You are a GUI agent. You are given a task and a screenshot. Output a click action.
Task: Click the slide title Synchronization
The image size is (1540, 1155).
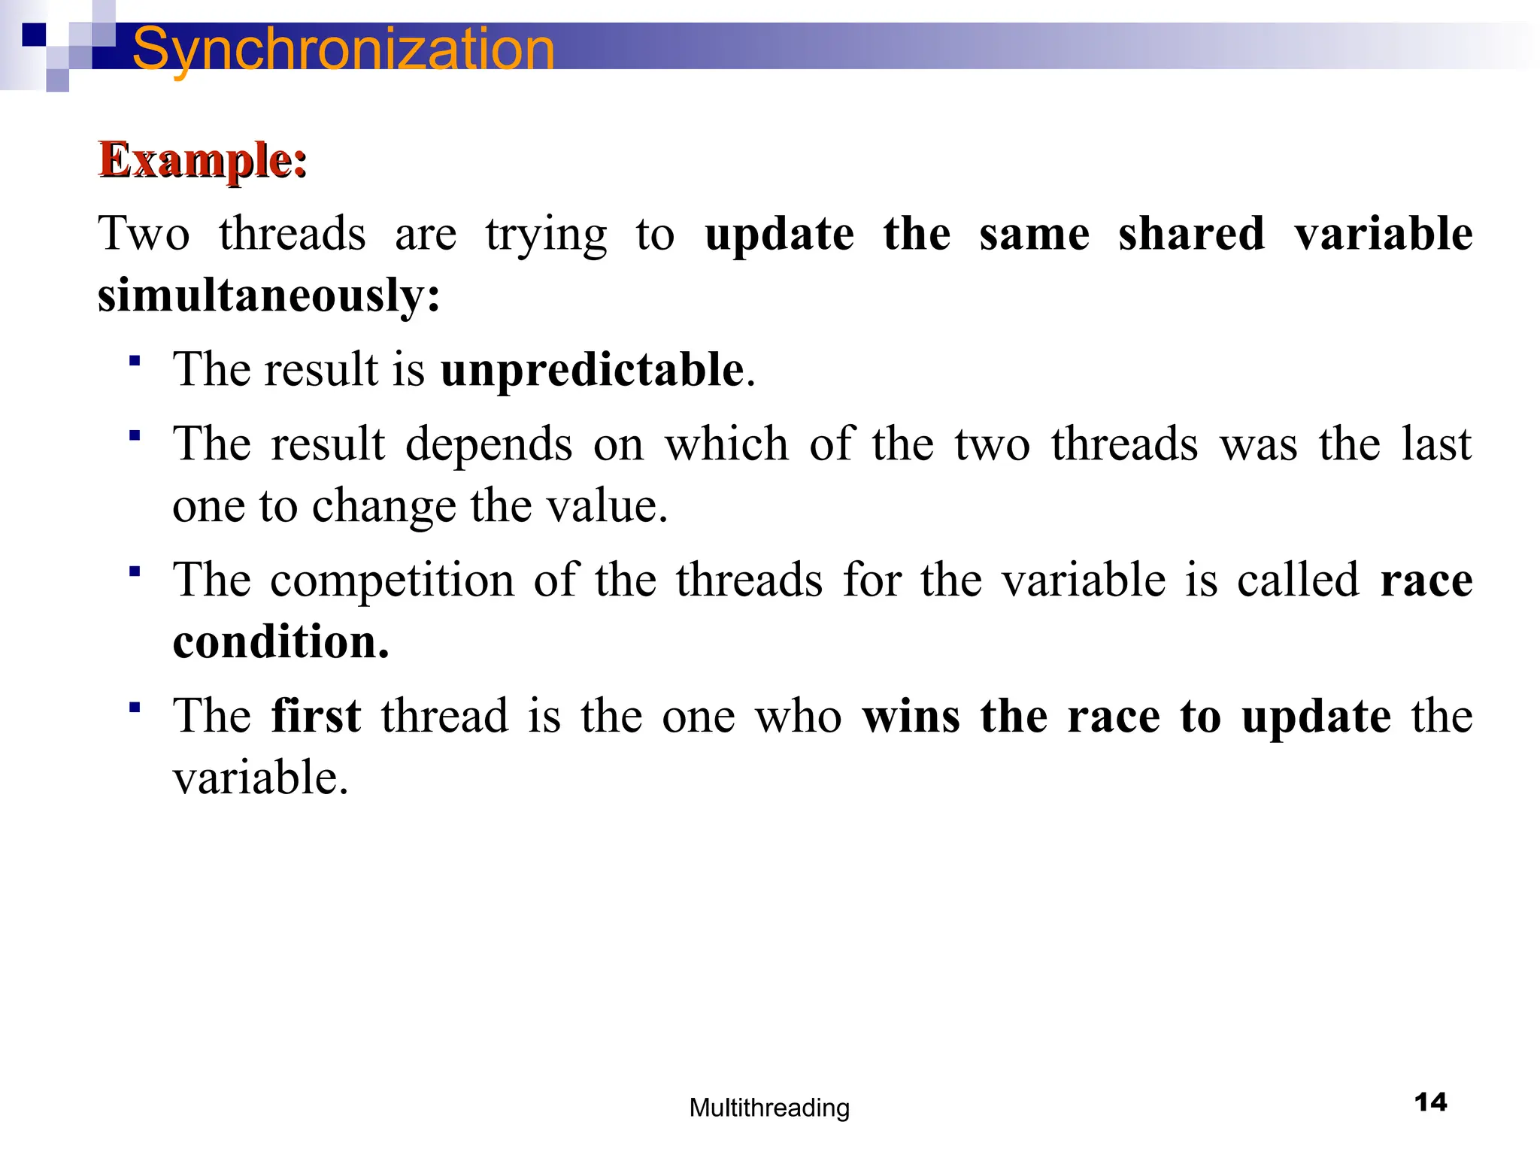tap(344, 49)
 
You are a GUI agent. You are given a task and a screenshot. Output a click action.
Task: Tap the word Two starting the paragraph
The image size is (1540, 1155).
tap(144, 233)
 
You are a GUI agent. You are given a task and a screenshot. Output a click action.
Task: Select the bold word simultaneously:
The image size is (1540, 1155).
tap(268, 295)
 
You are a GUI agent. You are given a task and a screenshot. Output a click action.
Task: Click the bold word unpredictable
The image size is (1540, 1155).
tap(593, 370)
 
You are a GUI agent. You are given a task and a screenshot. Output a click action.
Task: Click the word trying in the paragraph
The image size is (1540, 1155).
tap(546, 235)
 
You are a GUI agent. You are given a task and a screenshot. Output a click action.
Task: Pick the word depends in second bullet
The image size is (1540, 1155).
tap(489, 445)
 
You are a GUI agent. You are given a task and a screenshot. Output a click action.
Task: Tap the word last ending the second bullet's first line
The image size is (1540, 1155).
tap(1436, 444)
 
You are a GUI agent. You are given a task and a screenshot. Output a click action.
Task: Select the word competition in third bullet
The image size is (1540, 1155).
tap(392, 581)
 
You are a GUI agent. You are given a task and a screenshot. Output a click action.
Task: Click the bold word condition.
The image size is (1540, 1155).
tap(280, 642)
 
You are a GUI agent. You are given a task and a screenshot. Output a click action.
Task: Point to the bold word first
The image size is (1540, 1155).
tap(316, 715)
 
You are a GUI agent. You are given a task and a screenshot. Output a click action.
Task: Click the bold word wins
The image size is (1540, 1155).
tap(911, 715)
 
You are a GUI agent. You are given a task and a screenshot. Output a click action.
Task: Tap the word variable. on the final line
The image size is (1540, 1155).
tap(261, 777)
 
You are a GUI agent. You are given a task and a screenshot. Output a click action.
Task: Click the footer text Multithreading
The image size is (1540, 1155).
tap(769, 1108)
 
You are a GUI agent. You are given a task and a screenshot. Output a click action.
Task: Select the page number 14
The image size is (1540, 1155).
tap(1430, 1102)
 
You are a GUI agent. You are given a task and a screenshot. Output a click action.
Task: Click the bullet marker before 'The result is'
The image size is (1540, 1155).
tap(135, 362)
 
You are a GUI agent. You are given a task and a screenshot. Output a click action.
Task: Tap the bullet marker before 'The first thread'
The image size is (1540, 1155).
tap(135, 708)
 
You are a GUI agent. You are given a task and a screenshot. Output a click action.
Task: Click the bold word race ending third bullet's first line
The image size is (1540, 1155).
tap(1426, 581)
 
